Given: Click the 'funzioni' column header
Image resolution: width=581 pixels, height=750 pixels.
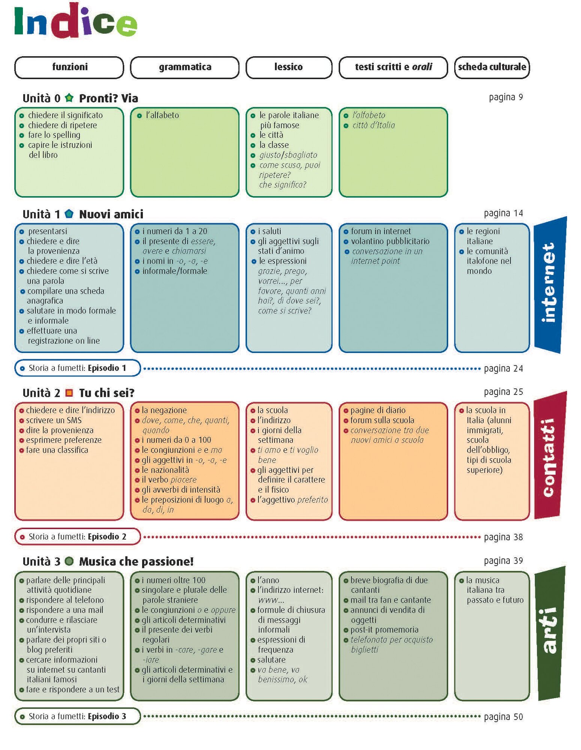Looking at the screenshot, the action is tap(69, 67).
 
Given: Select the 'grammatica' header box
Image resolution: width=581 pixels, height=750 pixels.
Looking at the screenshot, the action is tap(185, 67).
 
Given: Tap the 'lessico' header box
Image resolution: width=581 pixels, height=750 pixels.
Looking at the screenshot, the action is tap(288, 67).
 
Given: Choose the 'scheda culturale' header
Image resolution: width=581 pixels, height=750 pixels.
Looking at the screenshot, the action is tap(492, 67).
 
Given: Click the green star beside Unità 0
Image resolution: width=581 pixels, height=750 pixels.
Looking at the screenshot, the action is tap(69, 98).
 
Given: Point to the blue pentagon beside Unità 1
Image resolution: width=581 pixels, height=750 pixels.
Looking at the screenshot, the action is tap(69, 214).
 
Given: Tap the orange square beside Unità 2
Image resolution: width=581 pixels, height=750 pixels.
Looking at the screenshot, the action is tap(69, 393).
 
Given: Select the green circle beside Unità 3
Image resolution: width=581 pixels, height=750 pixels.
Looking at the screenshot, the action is tap(69, 561).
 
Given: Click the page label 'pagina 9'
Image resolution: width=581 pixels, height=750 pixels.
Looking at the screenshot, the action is tap(506, 97).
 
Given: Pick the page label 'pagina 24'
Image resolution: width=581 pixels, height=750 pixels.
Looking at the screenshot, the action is tap(503, 369).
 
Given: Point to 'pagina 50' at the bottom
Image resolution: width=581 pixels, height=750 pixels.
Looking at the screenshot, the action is tap(503, 717).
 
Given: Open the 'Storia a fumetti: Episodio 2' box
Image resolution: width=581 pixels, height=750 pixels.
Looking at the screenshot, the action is tap(77, 537).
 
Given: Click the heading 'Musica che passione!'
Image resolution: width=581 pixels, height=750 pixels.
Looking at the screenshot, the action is tap(136, 561).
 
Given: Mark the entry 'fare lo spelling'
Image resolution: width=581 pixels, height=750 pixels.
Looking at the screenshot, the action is tap(54, 135).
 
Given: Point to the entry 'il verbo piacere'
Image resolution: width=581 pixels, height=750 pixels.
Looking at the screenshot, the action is tap(169, 480).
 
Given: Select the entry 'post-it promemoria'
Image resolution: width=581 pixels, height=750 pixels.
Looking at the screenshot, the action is tap(384, 630).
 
